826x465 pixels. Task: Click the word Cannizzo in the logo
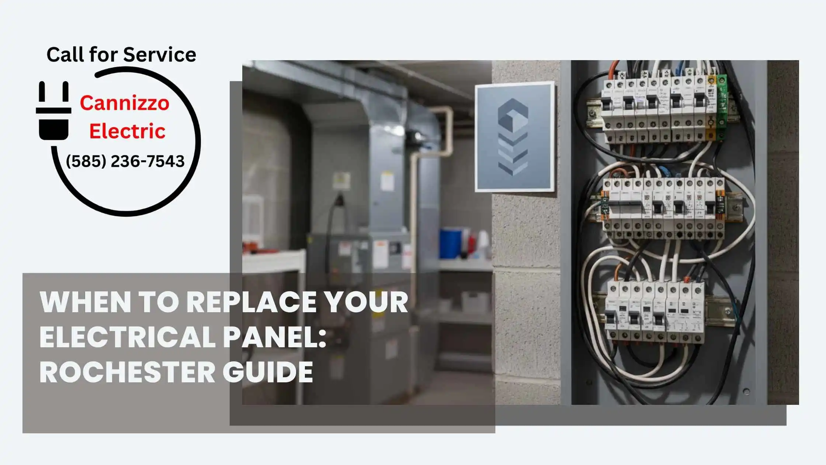(x=125, y=103)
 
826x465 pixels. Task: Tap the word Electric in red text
(x=127, y=131)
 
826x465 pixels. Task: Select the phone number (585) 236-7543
(x=125, y=161)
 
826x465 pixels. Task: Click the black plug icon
(x=54, y=111)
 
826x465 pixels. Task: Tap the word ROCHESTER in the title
(x=127, y=372)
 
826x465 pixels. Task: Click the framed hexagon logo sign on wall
(x=515, y=137)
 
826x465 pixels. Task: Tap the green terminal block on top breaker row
(x=721, y=107)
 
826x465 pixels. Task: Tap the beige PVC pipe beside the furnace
(x=415, y=207)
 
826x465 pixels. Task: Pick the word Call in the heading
(x=66, y=55)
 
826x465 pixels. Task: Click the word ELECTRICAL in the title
(x=127, y=337)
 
